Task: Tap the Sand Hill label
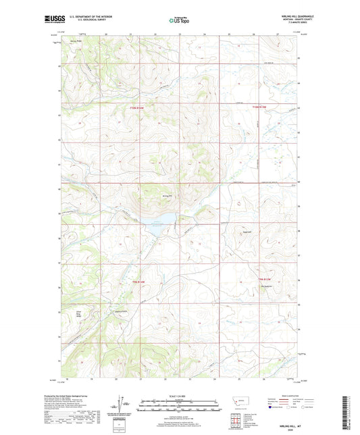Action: tap(247, 234)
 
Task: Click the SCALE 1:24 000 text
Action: tap(179, 396)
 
